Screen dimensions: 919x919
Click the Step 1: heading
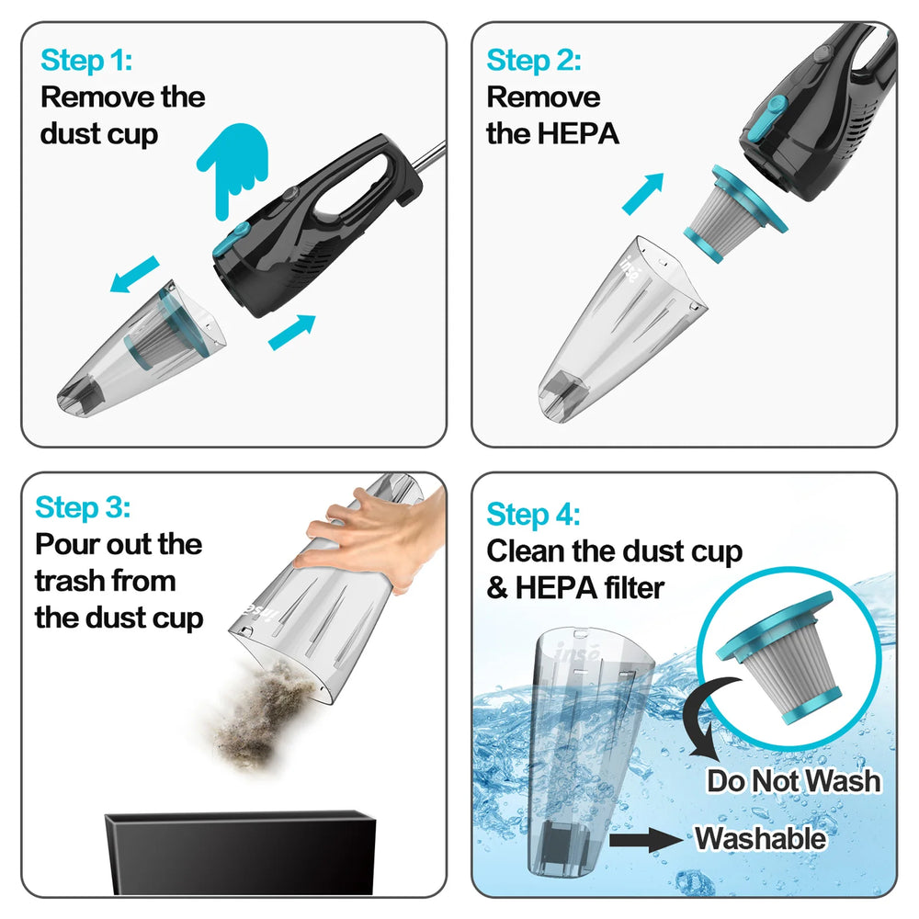(x=86, y=62)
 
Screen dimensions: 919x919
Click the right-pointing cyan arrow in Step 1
(x=291, y=332)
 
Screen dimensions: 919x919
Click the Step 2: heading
(x=534, y=62)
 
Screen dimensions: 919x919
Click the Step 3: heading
(x=84, y=507)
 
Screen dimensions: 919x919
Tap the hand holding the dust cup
(x=369, y=534)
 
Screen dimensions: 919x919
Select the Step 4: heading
(x=534, y=514)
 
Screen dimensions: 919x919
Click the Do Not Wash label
(x=793, y=781)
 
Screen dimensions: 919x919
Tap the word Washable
(x=760, y=838)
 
